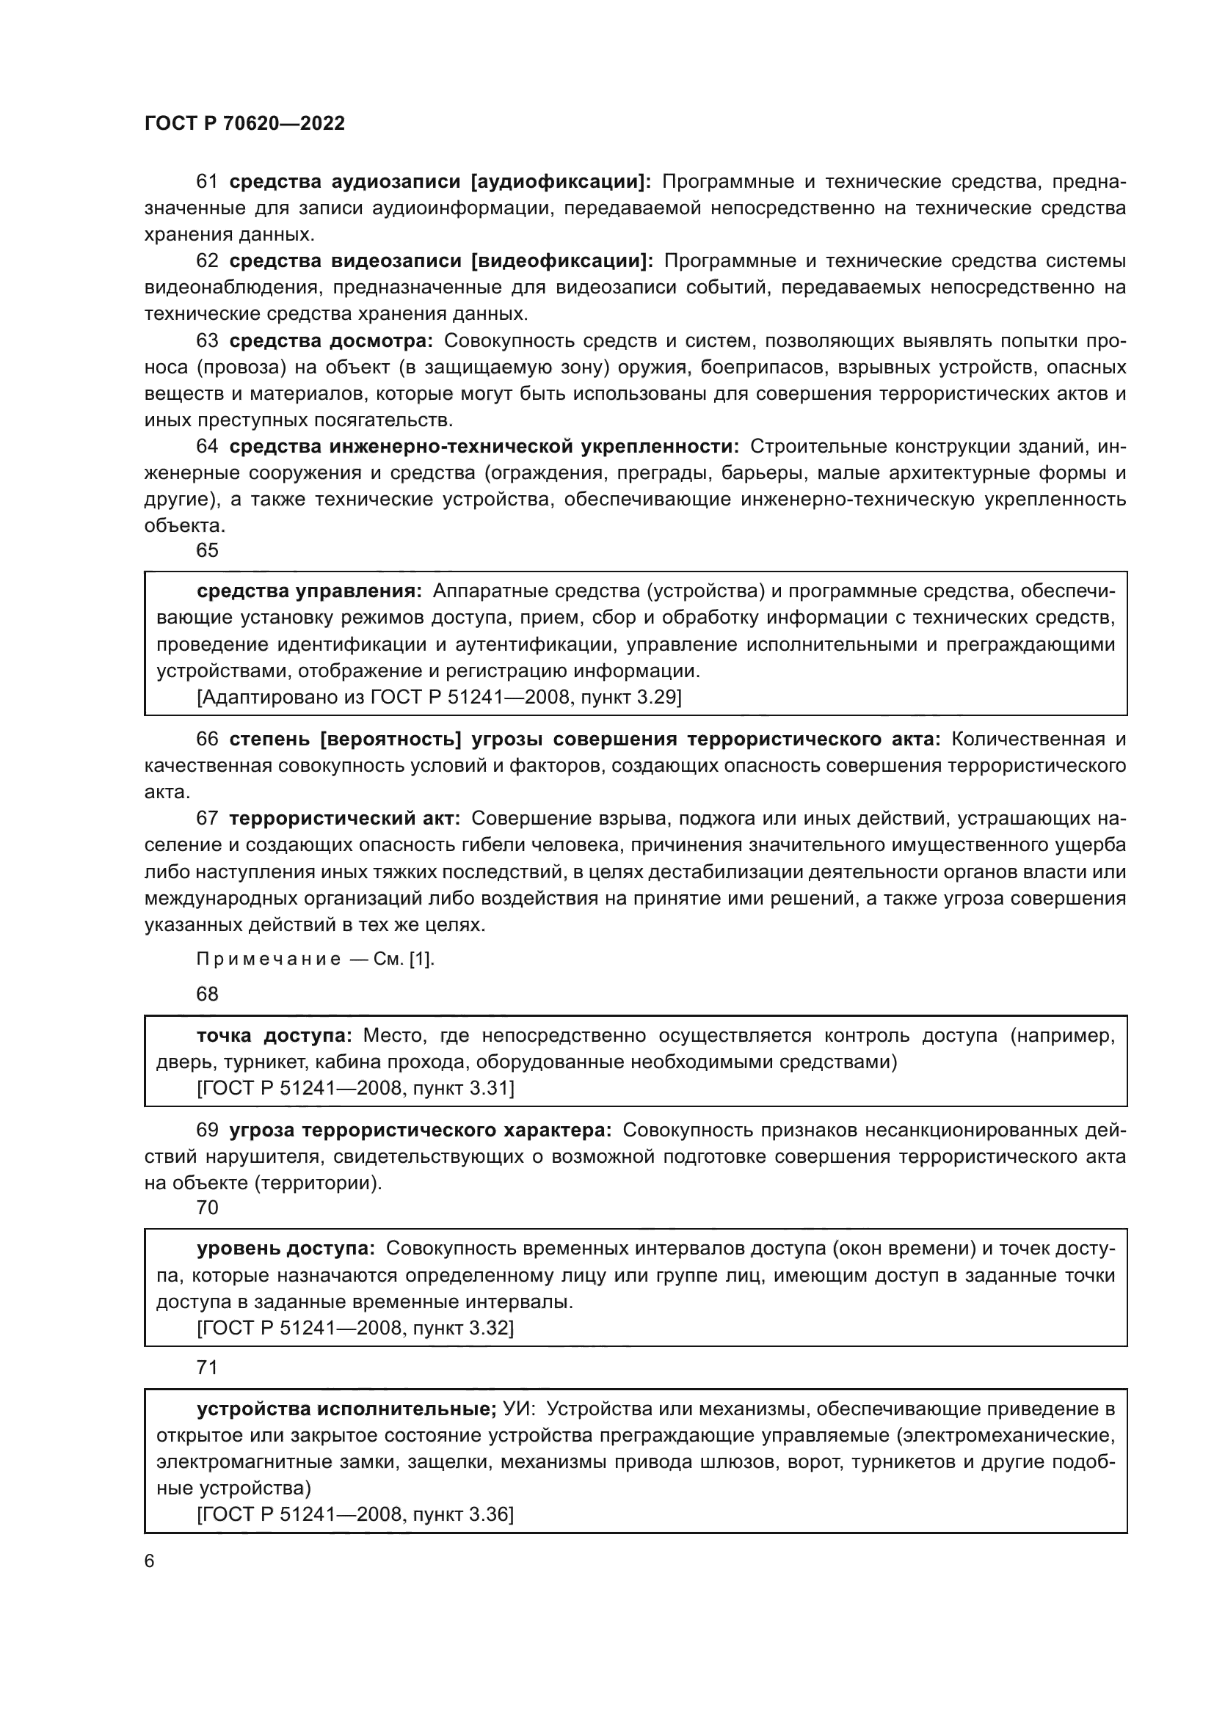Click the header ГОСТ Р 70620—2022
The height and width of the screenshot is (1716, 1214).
244,124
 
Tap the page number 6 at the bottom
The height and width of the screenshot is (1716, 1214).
150,1561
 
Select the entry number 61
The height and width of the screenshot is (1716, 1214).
207,182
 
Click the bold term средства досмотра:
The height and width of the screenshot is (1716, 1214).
331,341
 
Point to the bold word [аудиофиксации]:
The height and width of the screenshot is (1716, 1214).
561,182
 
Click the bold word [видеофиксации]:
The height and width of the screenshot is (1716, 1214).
562,261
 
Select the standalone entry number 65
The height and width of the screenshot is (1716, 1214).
207,551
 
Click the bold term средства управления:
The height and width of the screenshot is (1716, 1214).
310,591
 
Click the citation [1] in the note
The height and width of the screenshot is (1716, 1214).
420,960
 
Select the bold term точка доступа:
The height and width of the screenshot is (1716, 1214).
275,1035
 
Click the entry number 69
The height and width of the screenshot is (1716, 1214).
207,1130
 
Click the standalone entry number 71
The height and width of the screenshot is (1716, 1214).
207,1368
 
